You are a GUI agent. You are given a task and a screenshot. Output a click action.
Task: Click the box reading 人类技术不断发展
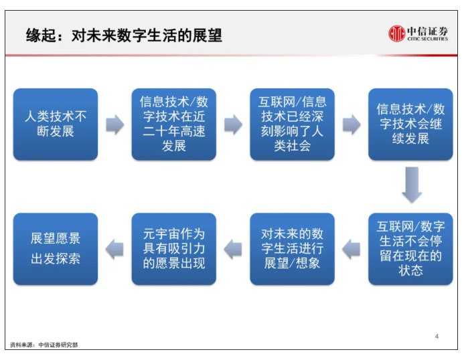click(x=56, y=124)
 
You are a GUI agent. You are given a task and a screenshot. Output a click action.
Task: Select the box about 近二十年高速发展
click(x=174, y=124)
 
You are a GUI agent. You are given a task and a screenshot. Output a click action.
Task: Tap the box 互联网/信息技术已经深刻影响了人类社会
click(x=293, y=124)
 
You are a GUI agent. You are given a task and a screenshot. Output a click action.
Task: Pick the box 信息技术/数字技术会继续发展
click(x=410, y=124)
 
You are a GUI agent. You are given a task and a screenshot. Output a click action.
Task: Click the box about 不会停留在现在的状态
click(x=410, y=249)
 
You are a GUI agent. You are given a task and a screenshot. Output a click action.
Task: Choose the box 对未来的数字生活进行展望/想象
click(x=293, y=249)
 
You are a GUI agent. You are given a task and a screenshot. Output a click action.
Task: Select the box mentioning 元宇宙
click(x=174, y=249)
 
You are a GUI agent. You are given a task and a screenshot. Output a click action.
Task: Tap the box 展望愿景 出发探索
click(x=56, y=249)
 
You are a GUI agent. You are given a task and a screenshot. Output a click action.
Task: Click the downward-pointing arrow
click(x=412, y=185)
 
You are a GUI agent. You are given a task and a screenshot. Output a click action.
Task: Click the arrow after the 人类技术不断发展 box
click(x=115, y=124)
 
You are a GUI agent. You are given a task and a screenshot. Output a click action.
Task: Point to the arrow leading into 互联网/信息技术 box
click(x=234, y=124)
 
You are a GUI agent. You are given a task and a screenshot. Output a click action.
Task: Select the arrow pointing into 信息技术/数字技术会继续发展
click(x=352, y=124)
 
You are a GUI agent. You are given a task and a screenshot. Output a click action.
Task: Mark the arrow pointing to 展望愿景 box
click(x=114, y=250)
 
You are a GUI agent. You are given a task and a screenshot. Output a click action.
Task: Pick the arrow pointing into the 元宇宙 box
click(x=233, y=250)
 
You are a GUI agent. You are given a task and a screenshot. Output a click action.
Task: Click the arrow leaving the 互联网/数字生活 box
click(x=351, y=250)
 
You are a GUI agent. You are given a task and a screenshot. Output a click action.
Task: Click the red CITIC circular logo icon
click(x=396, y=33)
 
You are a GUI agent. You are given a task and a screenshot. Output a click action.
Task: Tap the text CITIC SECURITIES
click(x=428, y=39)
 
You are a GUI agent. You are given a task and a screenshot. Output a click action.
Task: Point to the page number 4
click(x=437, y=336)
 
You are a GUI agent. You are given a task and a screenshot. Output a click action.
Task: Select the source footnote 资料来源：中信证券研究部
click(x=44, y=345)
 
